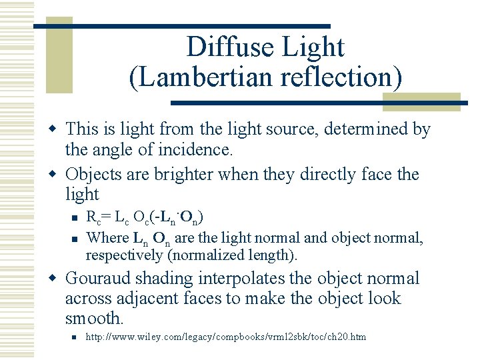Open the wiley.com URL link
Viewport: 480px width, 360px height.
(x=226, y=337)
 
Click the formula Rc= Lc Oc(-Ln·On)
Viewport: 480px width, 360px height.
(x=145, y=217)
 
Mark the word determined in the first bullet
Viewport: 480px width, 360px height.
(x=371, y=129)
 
